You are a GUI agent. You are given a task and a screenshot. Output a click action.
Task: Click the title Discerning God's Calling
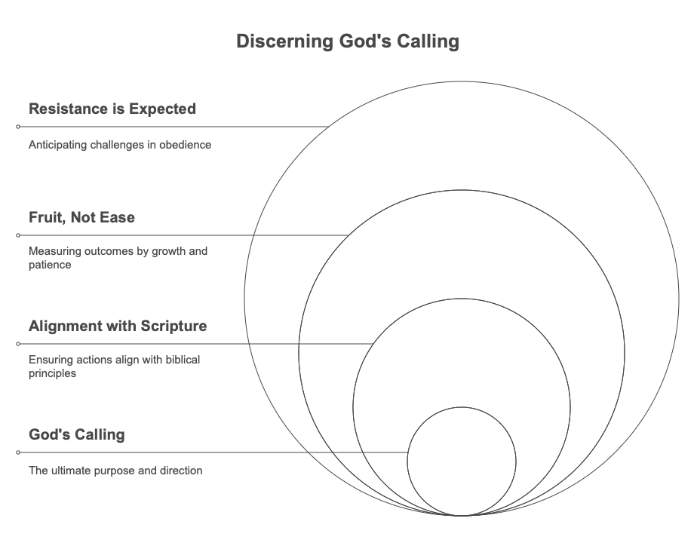pos(347,41)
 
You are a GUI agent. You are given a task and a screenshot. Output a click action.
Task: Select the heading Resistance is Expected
pos(112,109)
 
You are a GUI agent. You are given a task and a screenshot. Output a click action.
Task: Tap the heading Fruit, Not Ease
pos(81,218)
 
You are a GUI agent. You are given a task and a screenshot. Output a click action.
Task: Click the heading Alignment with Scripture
pos(118,327)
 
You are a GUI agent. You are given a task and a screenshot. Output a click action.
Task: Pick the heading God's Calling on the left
pos(76,435)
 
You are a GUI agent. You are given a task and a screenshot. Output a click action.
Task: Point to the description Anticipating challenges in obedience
pos(119,145)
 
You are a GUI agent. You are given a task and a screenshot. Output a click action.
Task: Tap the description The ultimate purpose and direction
pos(115,471)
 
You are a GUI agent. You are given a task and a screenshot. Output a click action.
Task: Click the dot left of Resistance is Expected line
pos(18,127)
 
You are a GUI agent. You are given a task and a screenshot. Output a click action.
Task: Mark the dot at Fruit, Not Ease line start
pos(18,235)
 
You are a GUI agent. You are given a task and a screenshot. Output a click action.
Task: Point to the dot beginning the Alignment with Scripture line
pos(18,344)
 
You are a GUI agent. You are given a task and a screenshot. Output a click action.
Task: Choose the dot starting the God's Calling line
pos(18,452)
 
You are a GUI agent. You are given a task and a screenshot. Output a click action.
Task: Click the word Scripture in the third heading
pos(173,327)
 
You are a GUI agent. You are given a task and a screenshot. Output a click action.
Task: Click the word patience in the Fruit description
pos(50,265)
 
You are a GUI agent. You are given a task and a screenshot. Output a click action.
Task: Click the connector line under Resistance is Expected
pos(173,127)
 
